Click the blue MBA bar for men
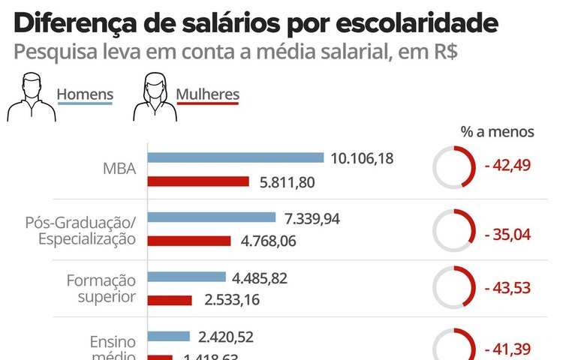[x=236, y=157]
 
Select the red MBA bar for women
[x=198, y=181]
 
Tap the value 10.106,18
[x=362, y=158]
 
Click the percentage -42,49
[x=508, y=166]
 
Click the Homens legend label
[x=85, y=94]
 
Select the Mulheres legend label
[x=208, y=94]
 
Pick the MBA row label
[x=119, y=169]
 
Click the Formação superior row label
[x=101, y=288]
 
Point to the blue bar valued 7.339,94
[x=212, y=217]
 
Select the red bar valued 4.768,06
[x=189, y=241]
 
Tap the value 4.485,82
[x=260, y=277]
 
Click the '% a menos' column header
[x=497, y=132]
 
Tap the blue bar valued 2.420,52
[x=169, y=336]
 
